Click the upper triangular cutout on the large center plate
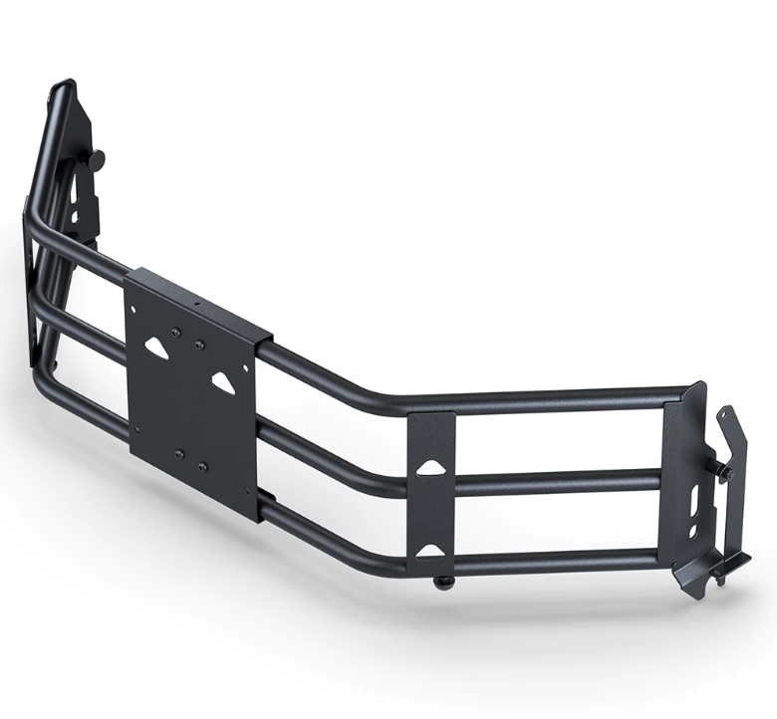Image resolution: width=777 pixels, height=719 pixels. point(157,346)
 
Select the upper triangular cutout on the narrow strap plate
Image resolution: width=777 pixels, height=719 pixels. point(429,467)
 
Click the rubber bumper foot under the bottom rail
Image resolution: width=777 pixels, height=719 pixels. point(440,583)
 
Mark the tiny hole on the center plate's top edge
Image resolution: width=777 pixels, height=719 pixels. point(197,301)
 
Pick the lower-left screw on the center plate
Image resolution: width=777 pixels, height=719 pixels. point(179,453)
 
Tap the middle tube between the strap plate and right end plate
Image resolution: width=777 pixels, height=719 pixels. point(558,480)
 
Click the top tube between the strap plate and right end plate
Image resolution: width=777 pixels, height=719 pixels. point(558,395)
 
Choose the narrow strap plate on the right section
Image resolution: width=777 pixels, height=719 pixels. point(430,508)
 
